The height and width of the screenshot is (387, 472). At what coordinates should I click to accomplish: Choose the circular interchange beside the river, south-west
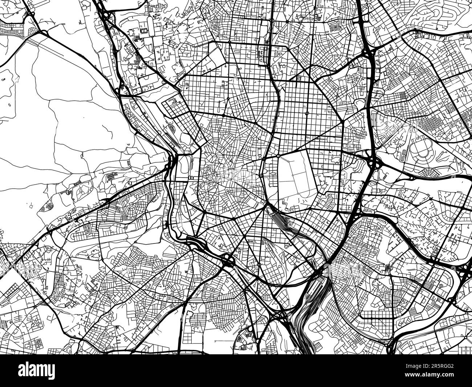[228, 260]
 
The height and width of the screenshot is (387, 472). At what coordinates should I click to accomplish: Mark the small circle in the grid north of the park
[307, 113]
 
